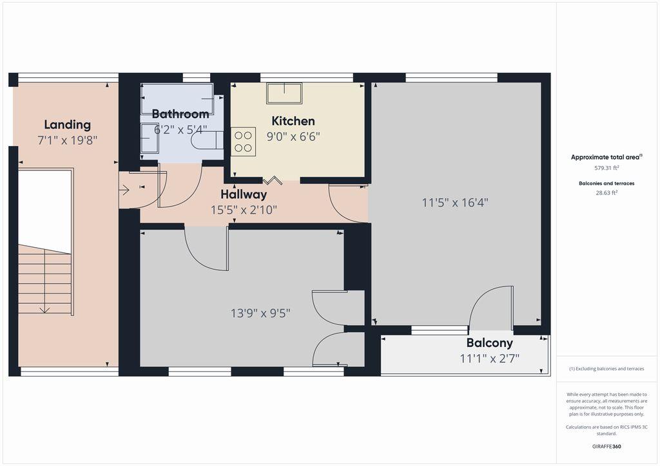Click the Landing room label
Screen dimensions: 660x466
[67, 125]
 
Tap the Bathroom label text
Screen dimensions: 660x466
[180, 114]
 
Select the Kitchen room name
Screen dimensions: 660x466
[293, 121]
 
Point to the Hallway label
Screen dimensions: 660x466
[244, 194]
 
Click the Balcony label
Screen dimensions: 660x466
[490, 343]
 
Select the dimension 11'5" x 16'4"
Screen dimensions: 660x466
[455, 203]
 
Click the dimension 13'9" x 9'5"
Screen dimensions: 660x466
[260, 313]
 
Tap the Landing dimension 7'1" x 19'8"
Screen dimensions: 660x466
[67, 140]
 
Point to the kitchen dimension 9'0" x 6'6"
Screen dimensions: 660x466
[293, 136]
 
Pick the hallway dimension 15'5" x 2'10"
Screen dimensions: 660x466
[244, 210]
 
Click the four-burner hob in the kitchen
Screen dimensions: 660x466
[243, 142]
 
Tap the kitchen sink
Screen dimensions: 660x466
[284, 93]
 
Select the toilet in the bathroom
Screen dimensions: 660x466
[207, 140]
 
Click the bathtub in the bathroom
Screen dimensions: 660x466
[177, 98]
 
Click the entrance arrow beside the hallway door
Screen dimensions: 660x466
[124, 191]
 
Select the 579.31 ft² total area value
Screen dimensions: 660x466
[607, 167]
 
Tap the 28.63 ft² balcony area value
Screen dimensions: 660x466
[607, 193]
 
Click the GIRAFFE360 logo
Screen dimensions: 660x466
[607, 446]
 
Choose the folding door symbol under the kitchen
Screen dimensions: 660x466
[273, 180]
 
